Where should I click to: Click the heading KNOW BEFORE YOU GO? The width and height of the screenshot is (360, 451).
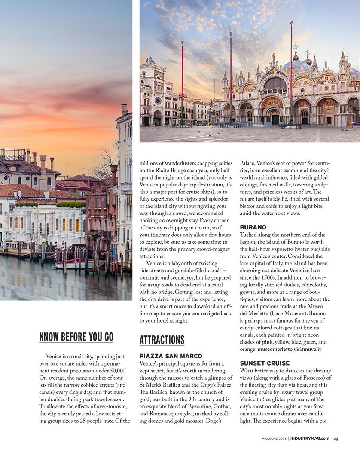point(76,337)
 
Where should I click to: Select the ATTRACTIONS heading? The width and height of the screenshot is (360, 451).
point(162,340)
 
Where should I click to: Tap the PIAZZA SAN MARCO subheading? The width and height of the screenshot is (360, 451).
point(171,356)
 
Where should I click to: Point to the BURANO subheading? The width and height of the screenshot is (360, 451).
point(253,227)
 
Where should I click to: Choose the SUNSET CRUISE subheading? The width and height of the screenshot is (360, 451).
point(265,363)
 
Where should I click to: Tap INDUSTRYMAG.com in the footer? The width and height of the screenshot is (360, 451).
point(310,439)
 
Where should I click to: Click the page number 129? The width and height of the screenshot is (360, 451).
point(335,439)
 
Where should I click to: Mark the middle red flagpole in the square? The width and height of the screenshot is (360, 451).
point(231,77)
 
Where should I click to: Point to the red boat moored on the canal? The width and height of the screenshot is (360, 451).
point(69,261)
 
